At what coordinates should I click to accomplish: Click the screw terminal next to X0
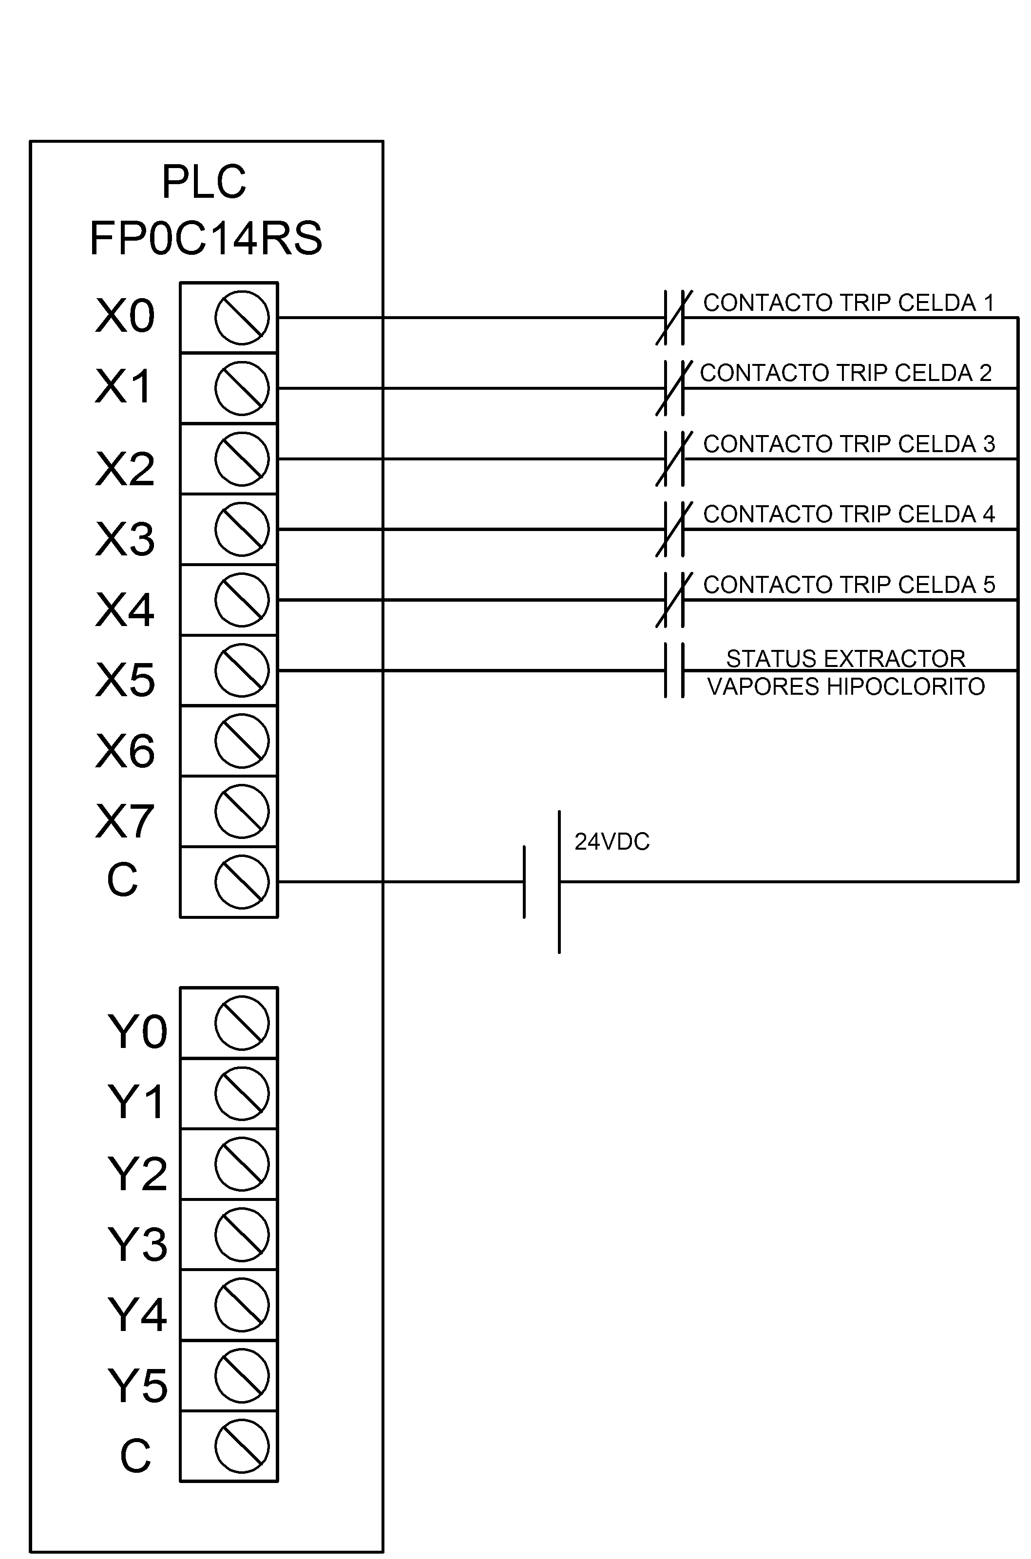pyautogui.click(x=242, y=318)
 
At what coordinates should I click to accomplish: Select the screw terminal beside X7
pyautogui.click(x=242, y=811)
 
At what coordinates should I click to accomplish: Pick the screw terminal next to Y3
pyautogui.click(x=242, y=1235)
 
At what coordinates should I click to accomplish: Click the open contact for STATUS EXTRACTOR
pyautogui.click(x=674, y=670)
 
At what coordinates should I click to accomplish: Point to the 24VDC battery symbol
pyautogui.click(x=542, y=881)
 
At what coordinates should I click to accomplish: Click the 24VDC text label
pyautogui.click(x=612, y=842)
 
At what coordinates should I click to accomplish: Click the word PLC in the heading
pyautogui.click(x=204, y=182)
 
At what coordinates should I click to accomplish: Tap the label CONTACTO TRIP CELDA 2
pyautogui.click(x=845, y=373)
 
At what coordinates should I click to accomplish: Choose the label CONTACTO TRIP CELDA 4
pyautogui.click(x=849, y=514)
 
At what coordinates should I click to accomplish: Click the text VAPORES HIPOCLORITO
pyautogui.click(x=845, y=687)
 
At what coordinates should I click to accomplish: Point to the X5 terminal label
pyautogui.click(x=125, y=680)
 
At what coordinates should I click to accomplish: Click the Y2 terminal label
pyautogui.click(x=137, y=1174)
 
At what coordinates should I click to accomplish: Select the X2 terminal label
pyautogui.click(x=125, y=469)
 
